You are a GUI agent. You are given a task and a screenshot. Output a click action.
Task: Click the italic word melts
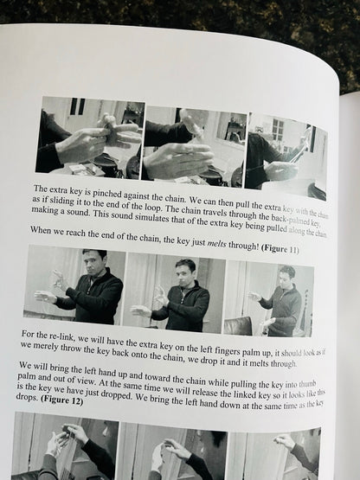[217, 244]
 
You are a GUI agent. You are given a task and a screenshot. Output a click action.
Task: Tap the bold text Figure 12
[62, 400]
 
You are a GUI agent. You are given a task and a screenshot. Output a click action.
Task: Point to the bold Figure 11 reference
[280, 248]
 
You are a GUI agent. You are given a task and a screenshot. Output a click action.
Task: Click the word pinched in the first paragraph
[106, 194]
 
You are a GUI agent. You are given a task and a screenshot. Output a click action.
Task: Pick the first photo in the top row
[90, 138]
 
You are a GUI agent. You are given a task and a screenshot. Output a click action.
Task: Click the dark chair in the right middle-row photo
[238, 326]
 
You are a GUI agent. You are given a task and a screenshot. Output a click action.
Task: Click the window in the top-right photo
[278, 130]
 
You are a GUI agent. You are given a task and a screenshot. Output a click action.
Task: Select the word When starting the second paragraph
[41, 230]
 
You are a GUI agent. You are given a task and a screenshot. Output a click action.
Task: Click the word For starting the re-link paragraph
[28, 334]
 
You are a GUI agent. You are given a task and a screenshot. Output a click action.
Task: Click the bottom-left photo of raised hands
[65, 446]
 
